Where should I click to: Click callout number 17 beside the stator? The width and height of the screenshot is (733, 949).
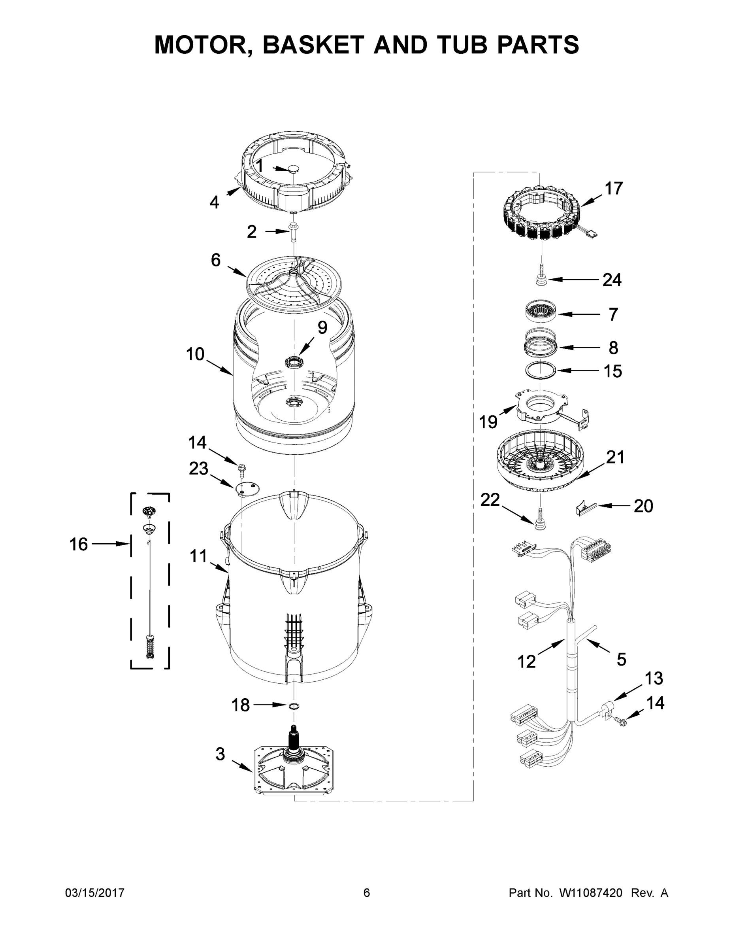coord(614,188)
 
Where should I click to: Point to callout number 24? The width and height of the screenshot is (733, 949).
coord(612,280)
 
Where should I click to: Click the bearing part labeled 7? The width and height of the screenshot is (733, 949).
coord(540,312)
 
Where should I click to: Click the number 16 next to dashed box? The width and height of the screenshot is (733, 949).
coord(79,544)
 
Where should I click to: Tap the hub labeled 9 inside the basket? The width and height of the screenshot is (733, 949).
coord(294,361)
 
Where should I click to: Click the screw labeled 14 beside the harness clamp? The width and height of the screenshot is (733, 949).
coord(622,721)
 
